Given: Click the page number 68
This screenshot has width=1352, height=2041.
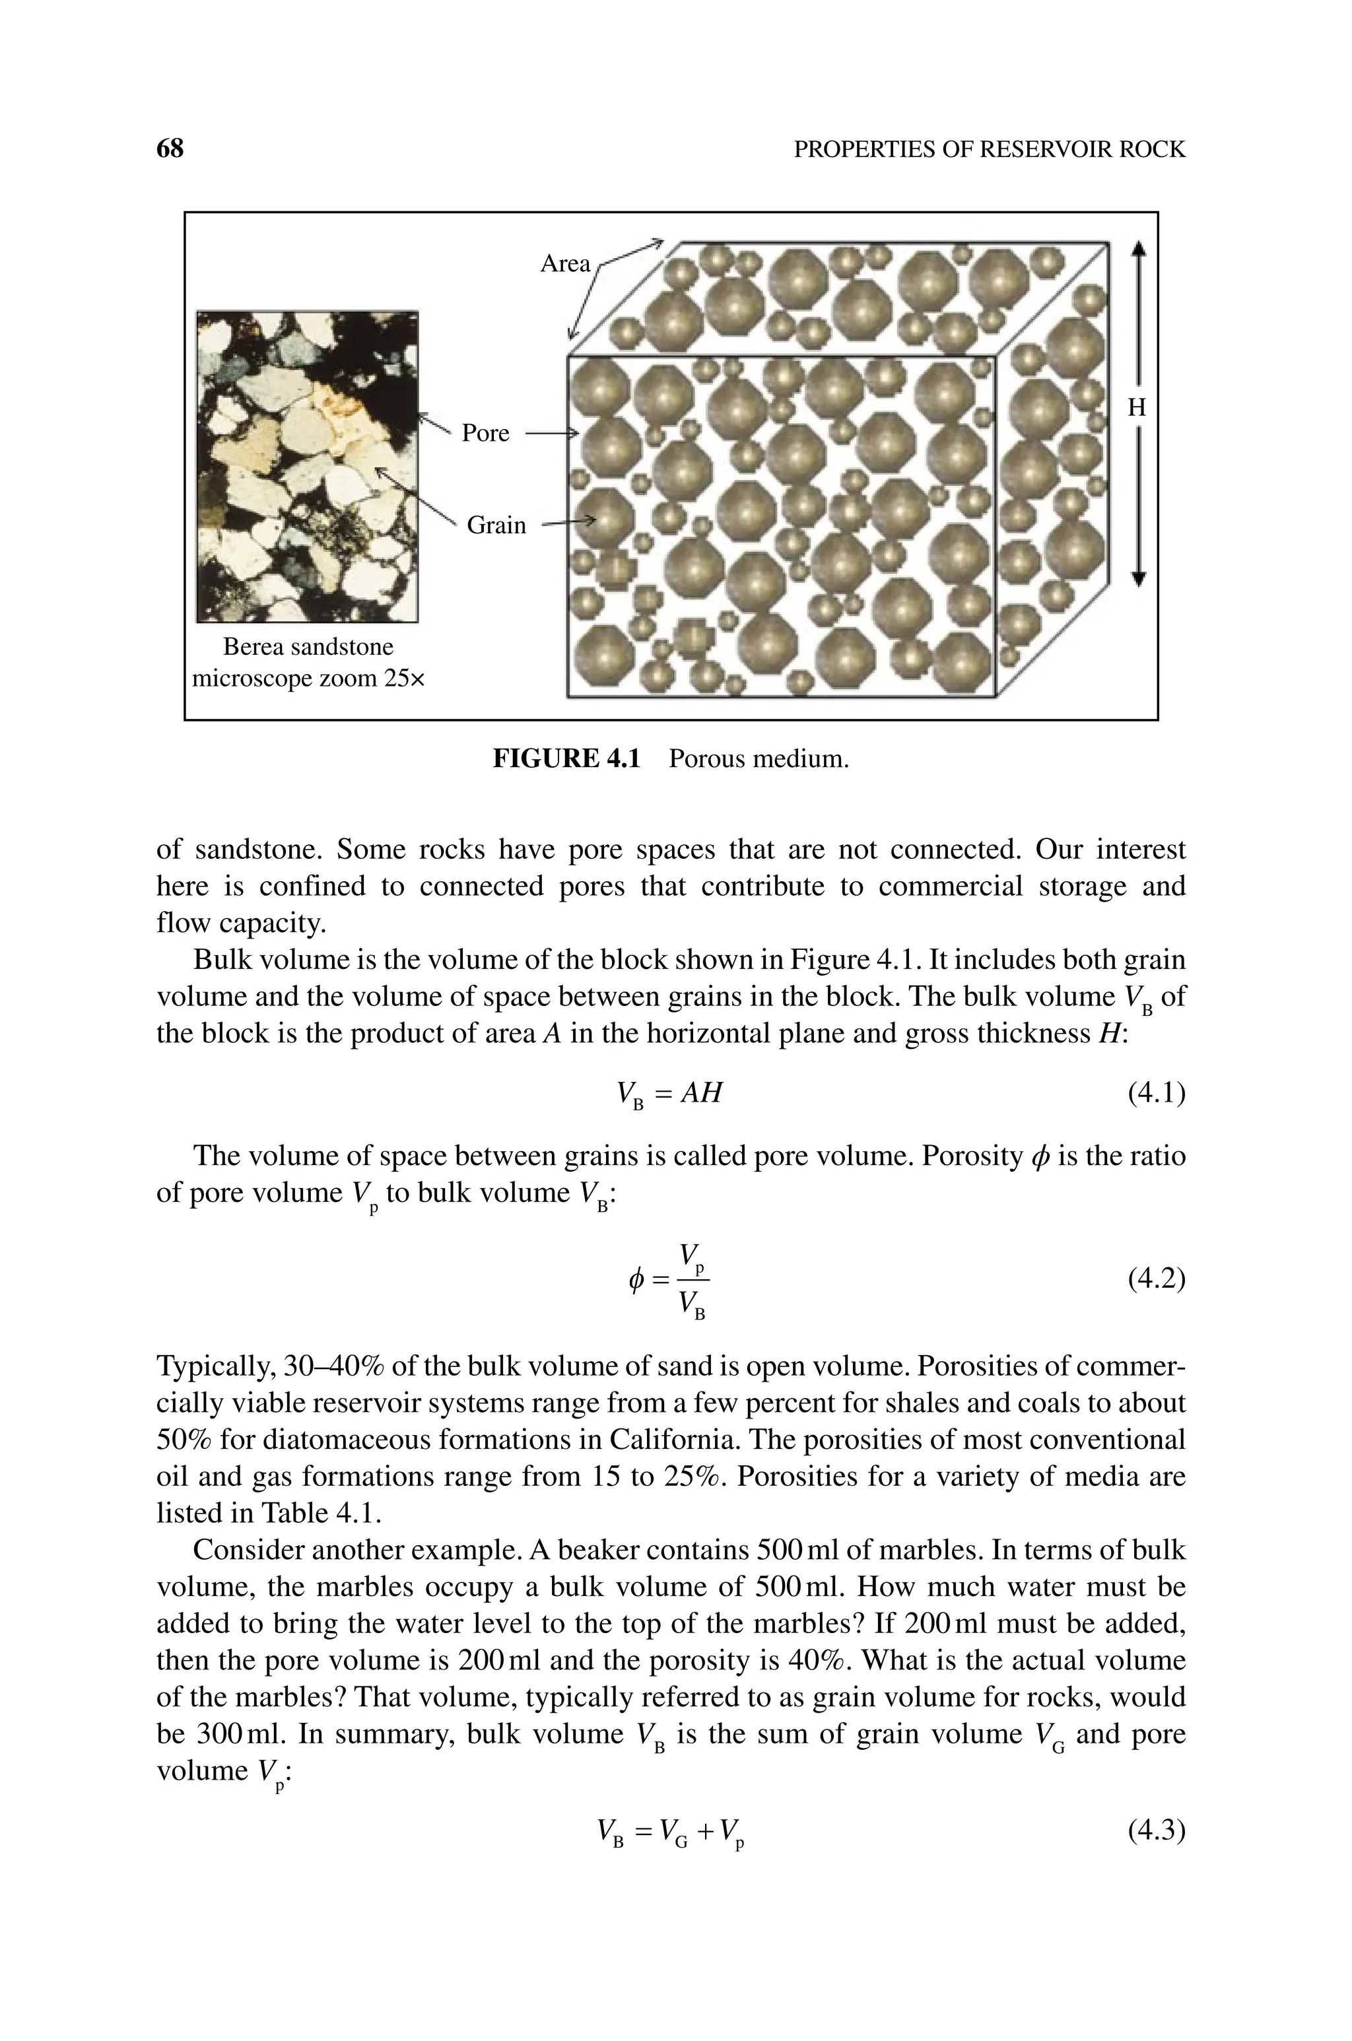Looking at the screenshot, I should [170, 149].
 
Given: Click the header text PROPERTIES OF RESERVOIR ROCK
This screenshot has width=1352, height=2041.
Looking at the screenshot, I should [989, 150].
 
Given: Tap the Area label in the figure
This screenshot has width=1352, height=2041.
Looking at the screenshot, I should [565, 264].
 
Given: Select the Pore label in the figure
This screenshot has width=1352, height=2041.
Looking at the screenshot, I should [485, 432].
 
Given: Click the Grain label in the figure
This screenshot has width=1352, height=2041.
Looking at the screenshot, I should [496, 525].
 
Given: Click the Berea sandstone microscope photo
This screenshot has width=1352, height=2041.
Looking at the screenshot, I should [307, 466].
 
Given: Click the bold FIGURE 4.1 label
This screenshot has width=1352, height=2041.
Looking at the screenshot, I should [566, 758].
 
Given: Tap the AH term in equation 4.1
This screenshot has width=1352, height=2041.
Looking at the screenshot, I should [700, 1093].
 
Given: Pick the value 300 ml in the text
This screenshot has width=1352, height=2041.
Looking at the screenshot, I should [242, 1734].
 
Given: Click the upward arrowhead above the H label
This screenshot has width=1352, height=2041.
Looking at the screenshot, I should [1138, 248].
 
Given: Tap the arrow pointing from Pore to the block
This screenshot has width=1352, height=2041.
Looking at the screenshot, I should [550, 434].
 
